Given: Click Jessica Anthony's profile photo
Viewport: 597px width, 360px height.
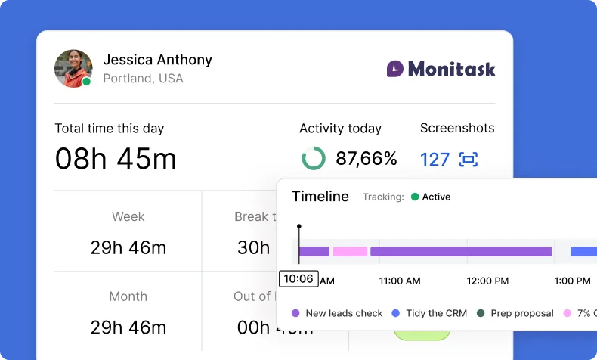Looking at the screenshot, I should click(73, 68).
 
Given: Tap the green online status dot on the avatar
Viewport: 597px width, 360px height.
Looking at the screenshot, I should click(86, 82).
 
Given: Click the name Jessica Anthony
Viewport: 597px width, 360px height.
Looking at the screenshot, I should click(157, 60).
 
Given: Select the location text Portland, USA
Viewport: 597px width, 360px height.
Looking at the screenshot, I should click(143, 79).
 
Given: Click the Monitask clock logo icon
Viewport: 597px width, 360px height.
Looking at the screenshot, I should click(395, 69).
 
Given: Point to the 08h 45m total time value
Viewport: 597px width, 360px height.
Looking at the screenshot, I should click(116, 159).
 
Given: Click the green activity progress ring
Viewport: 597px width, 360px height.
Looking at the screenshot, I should click(314, 159).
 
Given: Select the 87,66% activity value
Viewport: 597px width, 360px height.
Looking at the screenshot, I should click(367, 159).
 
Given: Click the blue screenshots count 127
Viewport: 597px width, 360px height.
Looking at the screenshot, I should click(435, 160).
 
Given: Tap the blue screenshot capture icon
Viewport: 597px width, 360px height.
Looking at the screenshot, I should click(469, 160).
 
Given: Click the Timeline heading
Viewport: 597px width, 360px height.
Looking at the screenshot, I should click(320, 197).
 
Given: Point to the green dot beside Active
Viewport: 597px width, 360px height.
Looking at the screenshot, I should click(414, 197).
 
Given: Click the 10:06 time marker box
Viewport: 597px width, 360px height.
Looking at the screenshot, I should click(298, 278).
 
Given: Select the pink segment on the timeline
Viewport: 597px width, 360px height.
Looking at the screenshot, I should click(350, 251).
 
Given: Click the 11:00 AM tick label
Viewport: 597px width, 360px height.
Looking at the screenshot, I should click(400, 281).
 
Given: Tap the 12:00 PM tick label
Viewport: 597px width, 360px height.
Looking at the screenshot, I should click(487, 281).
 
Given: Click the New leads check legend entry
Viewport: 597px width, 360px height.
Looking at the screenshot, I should click(337, 313).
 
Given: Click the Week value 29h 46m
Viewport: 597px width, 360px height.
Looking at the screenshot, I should click(128, 247).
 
